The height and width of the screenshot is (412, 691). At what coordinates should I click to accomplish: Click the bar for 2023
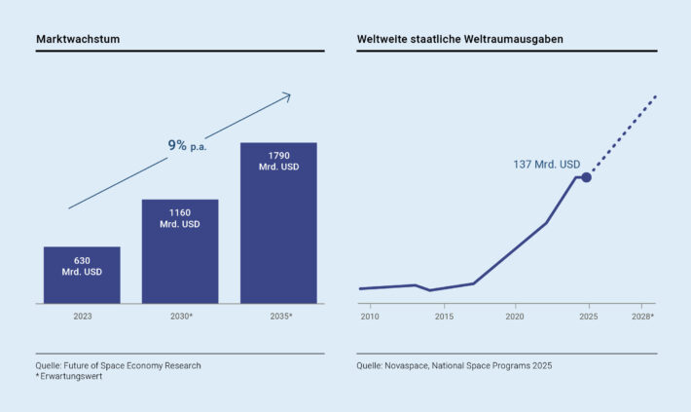82,275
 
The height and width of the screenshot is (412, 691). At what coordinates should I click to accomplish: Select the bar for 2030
180,251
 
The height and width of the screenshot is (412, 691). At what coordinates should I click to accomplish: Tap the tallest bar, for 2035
278,223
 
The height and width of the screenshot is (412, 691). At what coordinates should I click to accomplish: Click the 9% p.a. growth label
187,145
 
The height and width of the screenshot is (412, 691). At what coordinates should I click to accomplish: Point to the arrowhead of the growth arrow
288,95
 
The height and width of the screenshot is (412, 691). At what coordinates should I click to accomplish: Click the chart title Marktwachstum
78,39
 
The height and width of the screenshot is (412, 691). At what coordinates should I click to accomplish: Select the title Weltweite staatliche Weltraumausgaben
460,39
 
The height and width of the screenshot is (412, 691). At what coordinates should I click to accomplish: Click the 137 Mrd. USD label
546,165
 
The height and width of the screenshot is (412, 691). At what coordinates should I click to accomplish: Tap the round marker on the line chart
586,177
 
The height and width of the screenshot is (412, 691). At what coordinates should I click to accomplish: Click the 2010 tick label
370,317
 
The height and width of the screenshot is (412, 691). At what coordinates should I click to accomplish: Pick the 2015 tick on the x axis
444,317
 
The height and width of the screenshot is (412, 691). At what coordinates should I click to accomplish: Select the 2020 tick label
515,317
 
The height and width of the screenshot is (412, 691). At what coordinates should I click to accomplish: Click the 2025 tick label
589,317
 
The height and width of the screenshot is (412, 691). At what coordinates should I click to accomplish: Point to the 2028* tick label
642,317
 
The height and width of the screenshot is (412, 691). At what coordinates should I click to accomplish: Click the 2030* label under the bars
182,317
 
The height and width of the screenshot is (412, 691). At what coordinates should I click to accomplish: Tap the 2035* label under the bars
281,317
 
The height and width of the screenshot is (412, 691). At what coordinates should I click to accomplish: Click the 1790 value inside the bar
279,156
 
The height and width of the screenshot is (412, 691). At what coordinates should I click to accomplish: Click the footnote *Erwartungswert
69,376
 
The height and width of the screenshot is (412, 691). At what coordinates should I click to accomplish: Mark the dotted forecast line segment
624,133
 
